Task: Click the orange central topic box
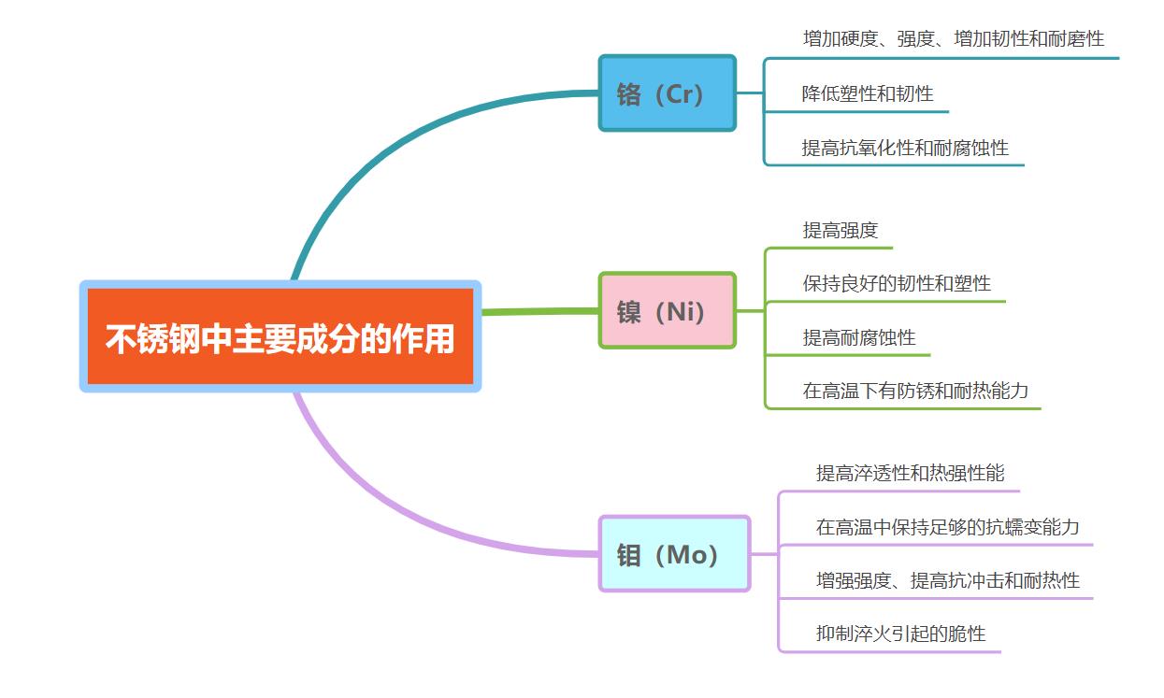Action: coord(280,336)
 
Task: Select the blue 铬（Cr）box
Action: coord(668,93)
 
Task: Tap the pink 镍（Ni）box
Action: coord(668,310)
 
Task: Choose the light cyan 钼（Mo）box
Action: coord(674,553)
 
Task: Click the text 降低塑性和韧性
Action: coord(868,94)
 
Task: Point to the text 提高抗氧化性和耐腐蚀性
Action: coord(905,148)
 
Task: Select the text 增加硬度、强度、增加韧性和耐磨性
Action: coord(954,39)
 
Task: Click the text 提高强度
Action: coord(841,230)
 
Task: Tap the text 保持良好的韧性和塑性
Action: coord(897,283)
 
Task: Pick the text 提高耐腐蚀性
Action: coord(859,337)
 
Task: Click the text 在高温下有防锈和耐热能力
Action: coord(915,391)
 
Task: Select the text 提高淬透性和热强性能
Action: coord(910,473)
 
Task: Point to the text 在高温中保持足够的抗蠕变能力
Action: coord(947,527)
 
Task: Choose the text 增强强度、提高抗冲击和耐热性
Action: coord(947,580)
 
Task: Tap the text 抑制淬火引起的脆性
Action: coord(900,634)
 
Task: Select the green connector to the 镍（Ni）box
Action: coord(540,311)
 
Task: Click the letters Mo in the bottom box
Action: coord(686,555)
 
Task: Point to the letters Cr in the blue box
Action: coord(679,94)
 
